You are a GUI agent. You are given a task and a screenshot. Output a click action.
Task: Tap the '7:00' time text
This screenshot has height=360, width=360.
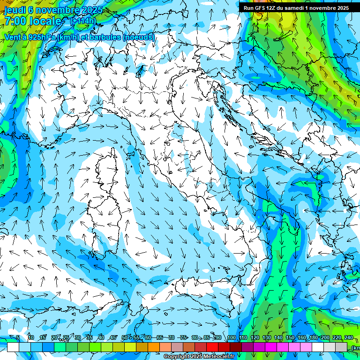pos(15,21)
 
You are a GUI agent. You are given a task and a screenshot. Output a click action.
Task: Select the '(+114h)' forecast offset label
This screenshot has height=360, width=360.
pos(83,21)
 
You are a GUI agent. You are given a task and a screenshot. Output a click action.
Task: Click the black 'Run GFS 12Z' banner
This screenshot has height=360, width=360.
pos(295,8)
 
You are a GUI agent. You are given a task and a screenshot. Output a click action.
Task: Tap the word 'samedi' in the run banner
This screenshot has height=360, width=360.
pos(306,8)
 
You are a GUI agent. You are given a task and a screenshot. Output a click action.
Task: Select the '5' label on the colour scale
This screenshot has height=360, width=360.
pos(18,337)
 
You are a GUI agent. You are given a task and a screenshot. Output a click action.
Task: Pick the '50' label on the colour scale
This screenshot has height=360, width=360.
pos(124,337)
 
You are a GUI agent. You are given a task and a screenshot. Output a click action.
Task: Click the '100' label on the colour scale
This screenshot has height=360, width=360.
pos(231,337)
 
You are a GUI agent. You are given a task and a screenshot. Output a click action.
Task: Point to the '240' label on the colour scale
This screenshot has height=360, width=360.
pos(349,337)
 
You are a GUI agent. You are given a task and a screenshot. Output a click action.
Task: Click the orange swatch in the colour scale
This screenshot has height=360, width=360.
pos(154,347)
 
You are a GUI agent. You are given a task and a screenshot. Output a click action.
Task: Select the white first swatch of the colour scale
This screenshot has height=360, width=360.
pos(13,347)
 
